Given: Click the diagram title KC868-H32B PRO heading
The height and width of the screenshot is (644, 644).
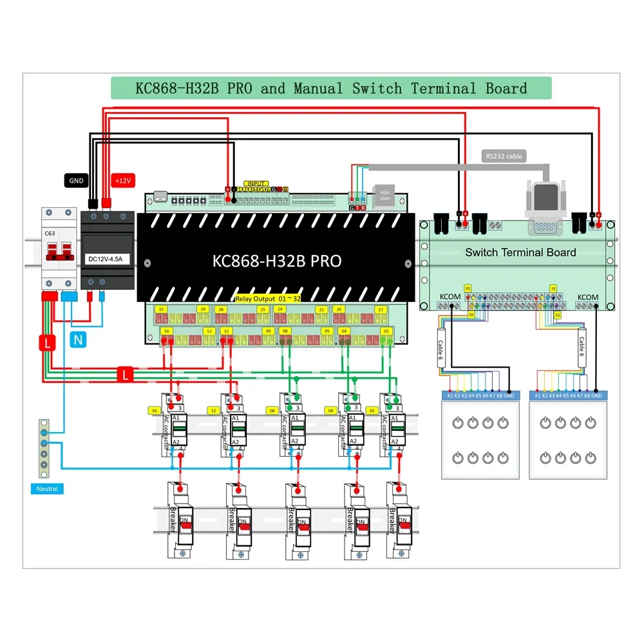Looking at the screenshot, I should [331, 88].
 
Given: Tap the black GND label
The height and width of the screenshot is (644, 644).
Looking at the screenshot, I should [76, 181].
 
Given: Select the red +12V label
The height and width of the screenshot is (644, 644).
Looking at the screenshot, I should [122, 181].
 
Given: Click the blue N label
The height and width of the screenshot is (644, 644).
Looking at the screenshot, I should [77, 340].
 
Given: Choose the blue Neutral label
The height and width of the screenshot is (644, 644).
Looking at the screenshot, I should [47, 489].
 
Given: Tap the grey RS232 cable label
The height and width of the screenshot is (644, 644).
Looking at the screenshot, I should [504, 156].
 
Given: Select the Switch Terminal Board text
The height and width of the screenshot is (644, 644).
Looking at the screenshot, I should [520, 252].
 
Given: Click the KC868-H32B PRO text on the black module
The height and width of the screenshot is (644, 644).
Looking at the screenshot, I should [277, 261].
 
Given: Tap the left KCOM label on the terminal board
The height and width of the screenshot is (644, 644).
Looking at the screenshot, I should [450, 297].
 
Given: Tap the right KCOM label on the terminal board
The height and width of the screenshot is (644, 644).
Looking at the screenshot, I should [587, 297].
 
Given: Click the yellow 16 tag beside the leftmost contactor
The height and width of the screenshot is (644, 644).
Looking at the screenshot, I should [154, 410].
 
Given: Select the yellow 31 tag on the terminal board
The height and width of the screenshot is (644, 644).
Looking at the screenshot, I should [553, 288].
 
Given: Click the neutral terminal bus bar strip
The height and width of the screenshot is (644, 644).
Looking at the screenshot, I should [44, 448].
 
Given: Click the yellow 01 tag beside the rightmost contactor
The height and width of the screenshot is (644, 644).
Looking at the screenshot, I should [372, 410].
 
